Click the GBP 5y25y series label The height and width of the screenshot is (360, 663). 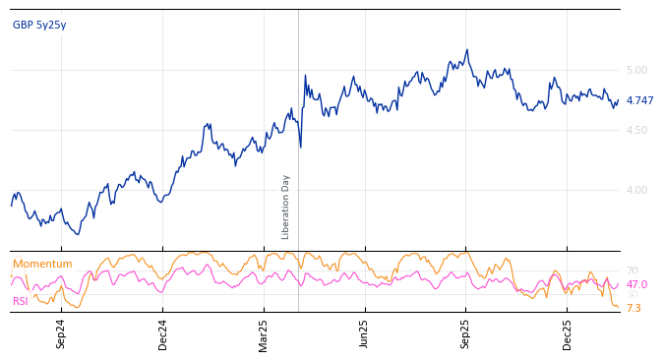click(x=39, y=26)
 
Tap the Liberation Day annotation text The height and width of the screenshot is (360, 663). click(x=286, y=207)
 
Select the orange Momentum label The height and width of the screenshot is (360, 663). click(x=42, y=265)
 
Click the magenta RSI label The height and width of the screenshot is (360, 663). click(x=21, y=302)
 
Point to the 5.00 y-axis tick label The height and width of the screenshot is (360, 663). click(x=636, y=71)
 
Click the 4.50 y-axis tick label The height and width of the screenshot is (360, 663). click(x=636, y=131)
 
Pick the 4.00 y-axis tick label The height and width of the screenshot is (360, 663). click(x=636, y=191)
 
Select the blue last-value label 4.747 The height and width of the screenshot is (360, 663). click(x=639, y=101)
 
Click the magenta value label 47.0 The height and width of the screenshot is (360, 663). click(x=636, y=285)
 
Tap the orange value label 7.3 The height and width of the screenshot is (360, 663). click(x=633, y=309)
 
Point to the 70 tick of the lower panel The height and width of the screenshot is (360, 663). click(x=632, y=271)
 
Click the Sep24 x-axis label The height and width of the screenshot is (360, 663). click(x=61, y=333)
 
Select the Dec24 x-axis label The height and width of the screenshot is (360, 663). click(x=163, y=333)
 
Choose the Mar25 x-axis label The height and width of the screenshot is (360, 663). click(x=264, y=333)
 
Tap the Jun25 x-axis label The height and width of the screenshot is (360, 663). click(x=365, y=333)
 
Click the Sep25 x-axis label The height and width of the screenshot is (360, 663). click(x=466, y=333)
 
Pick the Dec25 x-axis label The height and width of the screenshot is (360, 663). click(x=568, y=333)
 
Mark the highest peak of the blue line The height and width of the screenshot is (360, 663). click(x=467, y=50)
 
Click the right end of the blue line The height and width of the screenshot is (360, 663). click(x=618, y=100)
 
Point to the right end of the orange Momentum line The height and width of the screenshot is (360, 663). click(x=618, y=308)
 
